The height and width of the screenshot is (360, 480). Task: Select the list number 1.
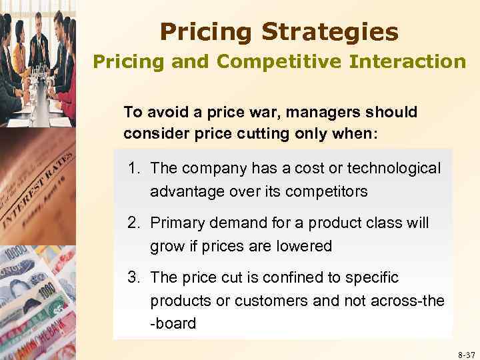[133, 169]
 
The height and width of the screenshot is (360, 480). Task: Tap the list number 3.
[133, 277]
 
